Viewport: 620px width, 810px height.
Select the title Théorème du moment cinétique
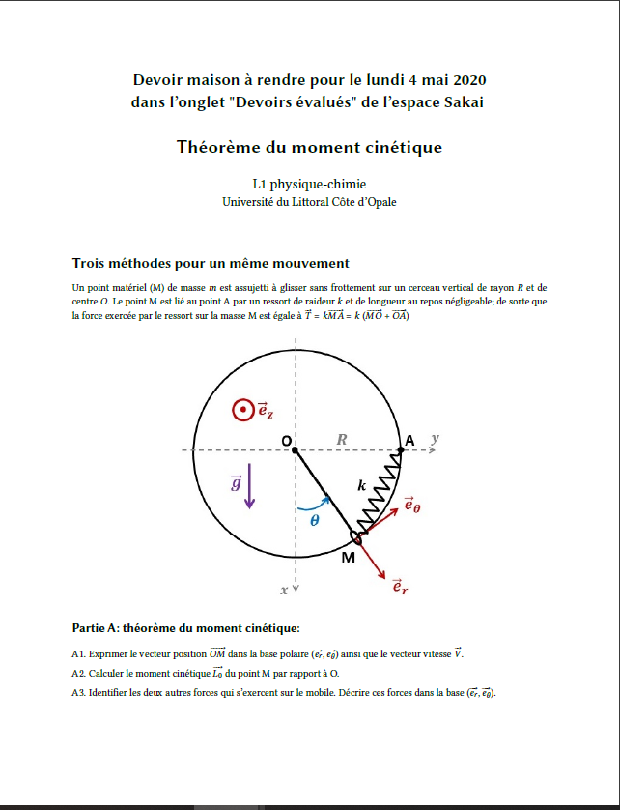pyautogui.click(x=309, y=148)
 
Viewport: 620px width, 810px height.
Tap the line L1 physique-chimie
pyautogui.click(x=309, y=184)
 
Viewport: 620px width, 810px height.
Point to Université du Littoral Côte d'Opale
pyautogui.click(x=309, y=202)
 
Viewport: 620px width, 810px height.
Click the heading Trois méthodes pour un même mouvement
pyautogui.click(x=211, y=263)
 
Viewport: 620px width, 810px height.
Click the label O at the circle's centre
pyautogui.click(x=286, y=441)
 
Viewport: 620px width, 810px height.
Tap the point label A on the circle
pyautogui.click(x=409, y=441)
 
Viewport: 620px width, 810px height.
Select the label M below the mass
pyautogui.click(x=348, y=558)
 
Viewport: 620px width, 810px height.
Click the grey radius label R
pyautogui.click(x=342, y=440)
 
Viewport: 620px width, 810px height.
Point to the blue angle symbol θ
pyautogui.click(x=314, y=520)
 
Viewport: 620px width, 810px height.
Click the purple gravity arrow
pyautogui.click(x=251, y=485)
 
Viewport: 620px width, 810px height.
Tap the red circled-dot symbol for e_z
pyautogui.click(x=242, y=411)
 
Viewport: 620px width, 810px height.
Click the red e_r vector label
pyautogui.click(x=398, y=586)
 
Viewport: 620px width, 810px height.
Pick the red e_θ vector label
pyautogui.click(x=411, y=506)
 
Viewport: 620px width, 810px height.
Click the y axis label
pyautogui.click(x=435, y=438)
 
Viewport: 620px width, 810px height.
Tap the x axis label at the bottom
pyautogui.click(x=285, y=589)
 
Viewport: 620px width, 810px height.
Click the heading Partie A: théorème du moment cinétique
pyautogui.click(x=179, y=627)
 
